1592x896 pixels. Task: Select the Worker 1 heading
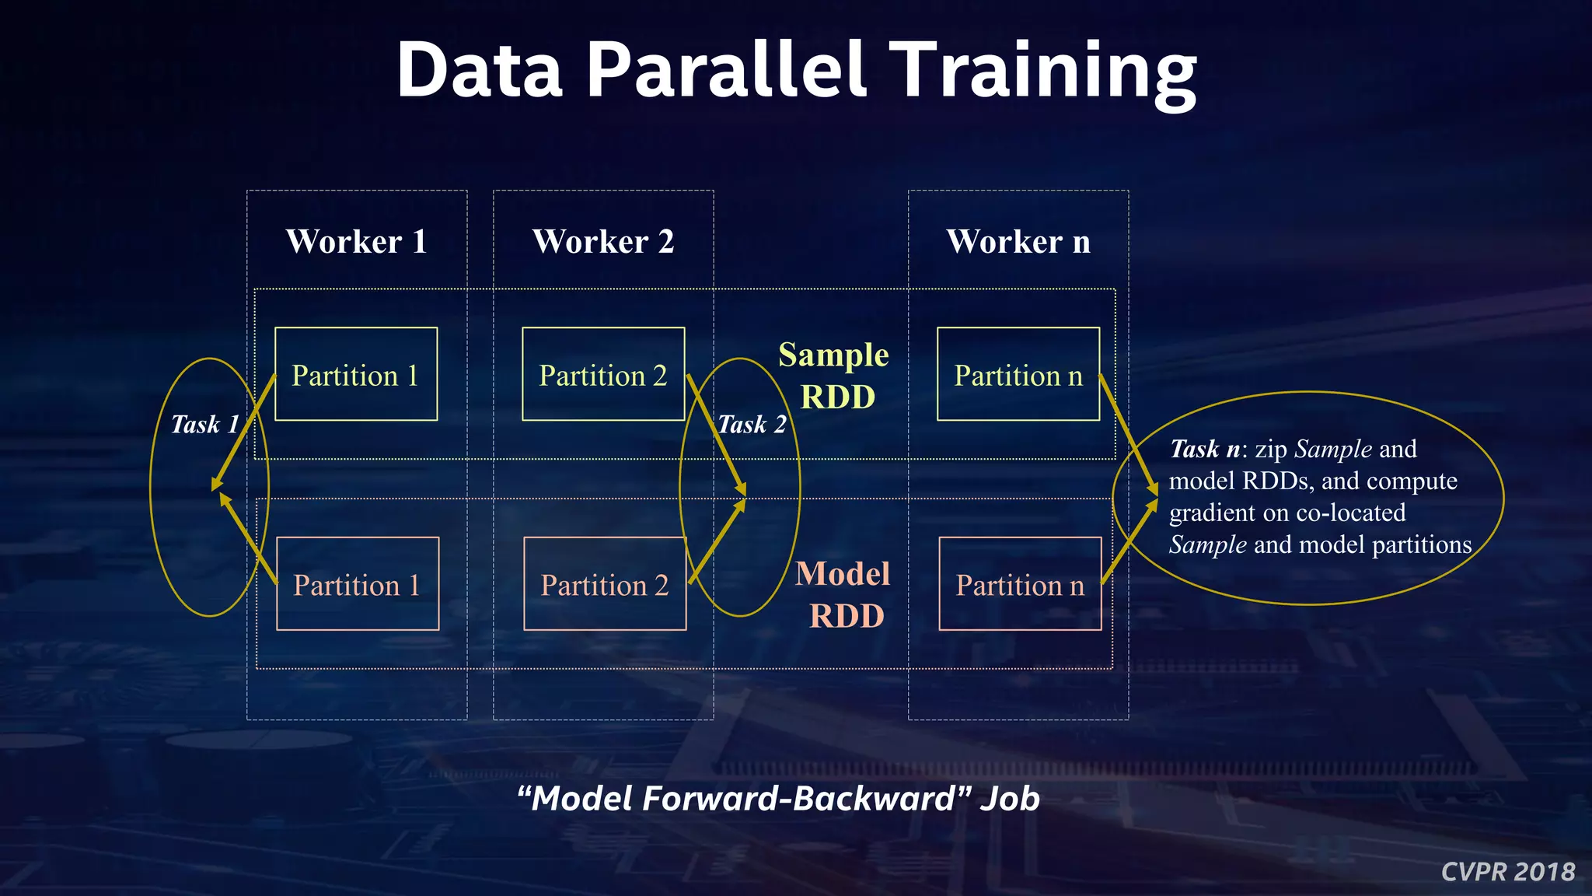pos(356,241)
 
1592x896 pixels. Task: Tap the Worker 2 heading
pos(602,241)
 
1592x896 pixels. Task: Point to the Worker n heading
pos(1018,241)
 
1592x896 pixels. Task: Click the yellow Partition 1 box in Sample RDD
pos(356,374)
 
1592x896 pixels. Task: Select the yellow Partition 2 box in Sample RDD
pos(603,374)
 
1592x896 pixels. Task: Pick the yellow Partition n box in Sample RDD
pos(1018,374)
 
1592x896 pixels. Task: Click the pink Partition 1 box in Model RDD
pos(358,583)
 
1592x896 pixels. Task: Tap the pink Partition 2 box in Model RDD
pos(605,583)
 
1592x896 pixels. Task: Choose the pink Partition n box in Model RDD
pos(1020,583)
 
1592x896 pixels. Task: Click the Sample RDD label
pos(835,375)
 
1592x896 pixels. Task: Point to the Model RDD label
pos(843,594)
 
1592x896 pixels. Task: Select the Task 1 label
pos(204,425)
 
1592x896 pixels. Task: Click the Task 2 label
pos(751,425)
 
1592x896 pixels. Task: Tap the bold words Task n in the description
pos(1204,450)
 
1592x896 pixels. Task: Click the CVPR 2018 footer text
pos(1507,872)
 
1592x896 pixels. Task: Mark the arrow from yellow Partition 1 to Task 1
pos(243,432)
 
